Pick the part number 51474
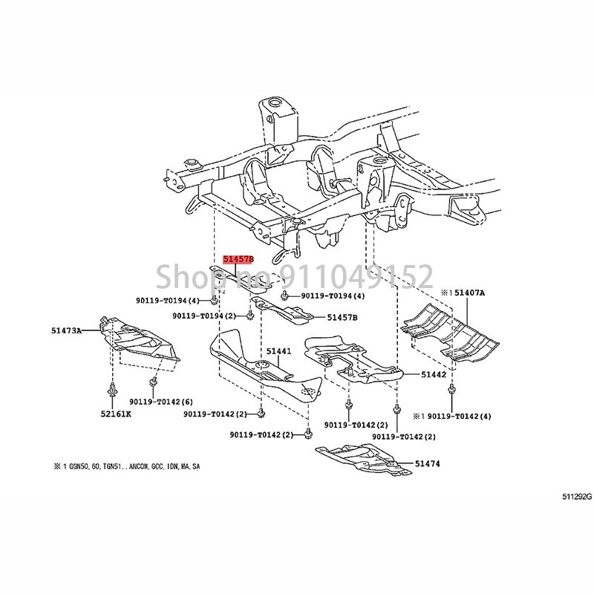click(427, 463)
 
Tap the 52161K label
click(112, 413)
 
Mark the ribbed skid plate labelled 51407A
click(453, 327)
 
